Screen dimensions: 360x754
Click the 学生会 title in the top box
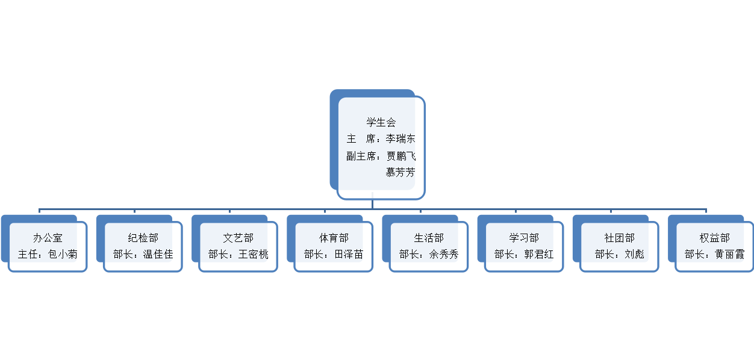[381, 122]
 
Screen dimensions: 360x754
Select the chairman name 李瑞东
[400, 139]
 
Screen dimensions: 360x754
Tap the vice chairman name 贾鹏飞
[400, 156]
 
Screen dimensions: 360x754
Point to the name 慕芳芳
[400, 173]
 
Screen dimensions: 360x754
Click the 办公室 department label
[48, 238]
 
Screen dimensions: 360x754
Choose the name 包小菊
[63, 254]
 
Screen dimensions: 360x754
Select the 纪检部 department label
[143, 238]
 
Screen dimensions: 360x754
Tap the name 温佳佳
[158, 254]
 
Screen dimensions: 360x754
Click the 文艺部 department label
[238, 238]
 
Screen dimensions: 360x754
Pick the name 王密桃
[253, 254]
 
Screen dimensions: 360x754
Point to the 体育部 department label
[333, 238]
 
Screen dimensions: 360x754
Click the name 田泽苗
[349, 254]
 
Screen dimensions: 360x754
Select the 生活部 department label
[428, 238]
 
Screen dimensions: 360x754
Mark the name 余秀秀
[444, 254]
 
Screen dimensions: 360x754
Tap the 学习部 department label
[523, 238]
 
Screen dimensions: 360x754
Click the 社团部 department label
[619, 238]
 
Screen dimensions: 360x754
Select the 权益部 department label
[714, 238]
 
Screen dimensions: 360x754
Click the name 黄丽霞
[729, 254]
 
